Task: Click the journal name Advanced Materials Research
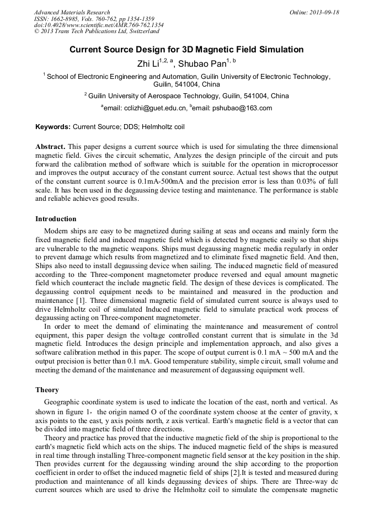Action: pyautogui.click(x=72, y=12)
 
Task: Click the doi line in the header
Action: pyautogui.click(x=99, y=25)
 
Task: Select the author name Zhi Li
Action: pyautogui.click(x=147, y=63)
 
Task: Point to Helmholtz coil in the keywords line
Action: pyautogui.click(x=163, y=127)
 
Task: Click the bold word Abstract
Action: pyautogui.click(x=50, y=147)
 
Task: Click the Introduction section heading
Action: pyautogui.click(x=56, y=219)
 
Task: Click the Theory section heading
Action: pyautogui.click(x=47, y=390)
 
